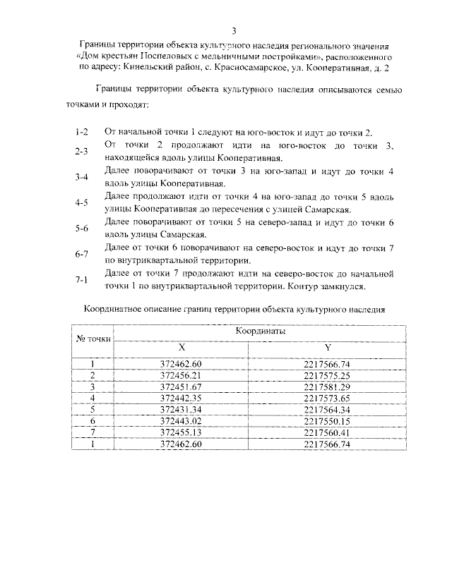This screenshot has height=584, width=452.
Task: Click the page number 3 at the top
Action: click(x=234, y=30)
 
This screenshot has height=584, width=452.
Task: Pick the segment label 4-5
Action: click(x=81, y=203)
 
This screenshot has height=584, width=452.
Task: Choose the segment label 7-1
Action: click(x=81, y=280)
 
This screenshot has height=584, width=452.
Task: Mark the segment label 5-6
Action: click(x=81, y=229)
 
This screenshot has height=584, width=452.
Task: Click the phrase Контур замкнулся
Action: click(x=327, y=287)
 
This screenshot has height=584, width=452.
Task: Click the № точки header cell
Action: click(x=93, y=339)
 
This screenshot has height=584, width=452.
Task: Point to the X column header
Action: click(x=182, y=348)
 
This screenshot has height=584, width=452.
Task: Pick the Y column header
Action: click(x=327, y=348)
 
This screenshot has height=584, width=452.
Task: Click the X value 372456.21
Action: click(x=182, y=375)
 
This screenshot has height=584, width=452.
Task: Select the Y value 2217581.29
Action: click(x=327, y=387)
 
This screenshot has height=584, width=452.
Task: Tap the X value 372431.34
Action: click(x=182, y=409)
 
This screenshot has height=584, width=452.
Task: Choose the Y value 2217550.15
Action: click(x=327, y=420)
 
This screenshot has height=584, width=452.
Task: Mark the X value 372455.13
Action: click(x=182, y=432)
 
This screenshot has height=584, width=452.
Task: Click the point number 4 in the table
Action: click(x=93, y=398)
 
